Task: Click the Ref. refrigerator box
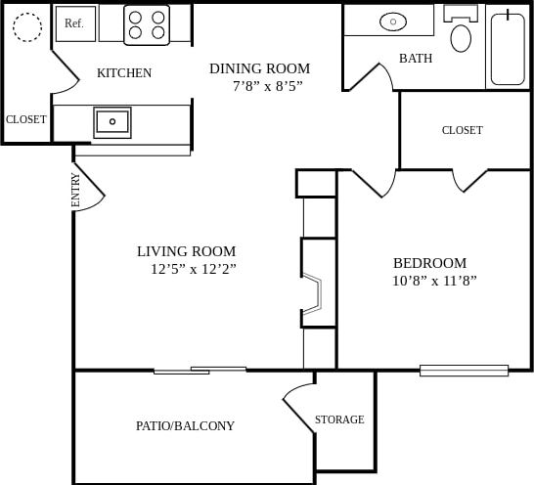click(75, 23)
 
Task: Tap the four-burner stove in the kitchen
click(147, 25)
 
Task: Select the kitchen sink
click(112, 122)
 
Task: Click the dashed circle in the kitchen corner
click(27, 27)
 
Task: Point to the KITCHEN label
click(124, 73)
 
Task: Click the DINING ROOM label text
click(259, 68)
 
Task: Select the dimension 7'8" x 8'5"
click(267, 86)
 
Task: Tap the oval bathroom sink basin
click(393, 21)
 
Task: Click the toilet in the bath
click(461, 32)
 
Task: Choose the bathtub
click(508, 48)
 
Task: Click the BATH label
click(416, 59)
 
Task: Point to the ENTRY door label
click(76, 189)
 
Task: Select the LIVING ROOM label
click(186, 251)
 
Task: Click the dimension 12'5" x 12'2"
click(193, 269)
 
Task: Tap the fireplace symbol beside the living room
click(312, 293)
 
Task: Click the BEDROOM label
click(429, 263)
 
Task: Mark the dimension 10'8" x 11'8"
click(433, 281)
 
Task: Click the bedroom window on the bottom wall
click(464, 371)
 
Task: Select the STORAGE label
click(339, 419)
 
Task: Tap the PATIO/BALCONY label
click(185, 425)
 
